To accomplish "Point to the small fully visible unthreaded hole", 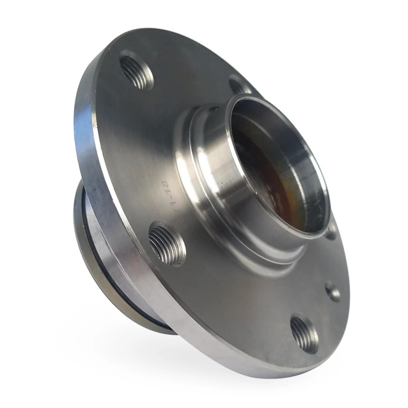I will [333, 292].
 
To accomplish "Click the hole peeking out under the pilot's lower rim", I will [331, 233].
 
